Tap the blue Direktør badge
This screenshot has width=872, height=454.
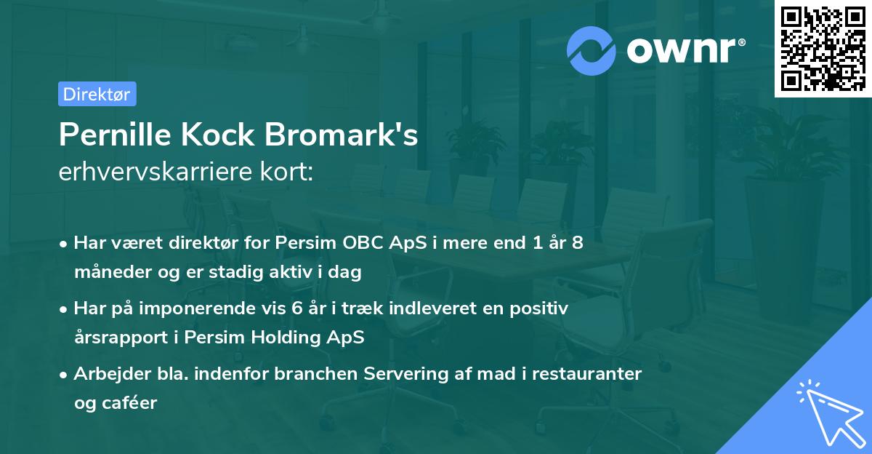(x=97, y=94)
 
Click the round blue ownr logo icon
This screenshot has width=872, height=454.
(x=592, y=50)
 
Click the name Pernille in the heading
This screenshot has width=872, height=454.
(x=113, y=135)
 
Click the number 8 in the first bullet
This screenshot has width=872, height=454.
(x=577, y=243)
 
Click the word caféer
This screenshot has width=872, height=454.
(x=131, y=403)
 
